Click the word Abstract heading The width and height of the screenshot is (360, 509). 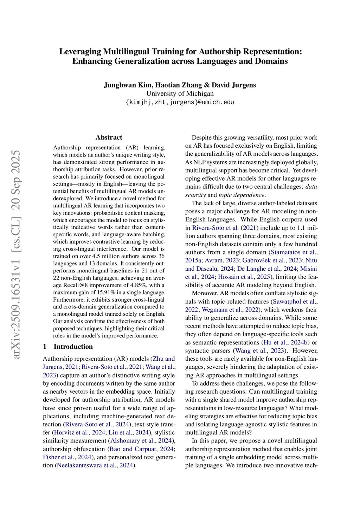pyautogui.click(x=109, y=137)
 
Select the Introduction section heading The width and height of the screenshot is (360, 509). pyautogui.click(x=73, y=347)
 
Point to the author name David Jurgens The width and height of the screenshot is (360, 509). pyautogui.click(x=234, y=85)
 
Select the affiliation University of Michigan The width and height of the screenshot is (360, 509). pyautogui.click(x=180, y=94)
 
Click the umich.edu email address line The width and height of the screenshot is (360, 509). pyautogui.click(x=180, y=102)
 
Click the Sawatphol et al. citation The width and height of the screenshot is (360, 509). pyautogui.click(x=295, y=302)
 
